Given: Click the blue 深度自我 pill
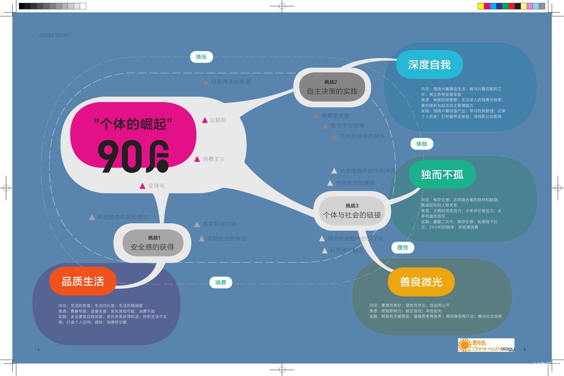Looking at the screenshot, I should pos(429,64).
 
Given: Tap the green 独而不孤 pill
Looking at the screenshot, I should pos(442,175).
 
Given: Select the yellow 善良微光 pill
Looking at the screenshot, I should pos(421,282).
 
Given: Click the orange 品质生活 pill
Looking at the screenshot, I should pos(83,281).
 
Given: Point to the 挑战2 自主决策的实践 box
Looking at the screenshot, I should pos(332,87).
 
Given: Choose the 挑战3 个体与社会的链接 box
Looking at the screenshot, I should pos(352,211).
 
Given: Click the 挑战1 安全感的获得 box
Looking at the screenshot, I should pos(153,243).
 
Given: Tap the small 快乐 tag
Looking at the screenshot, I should pos(201,57).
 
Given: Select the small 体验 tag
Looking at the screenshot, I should pos(422,144).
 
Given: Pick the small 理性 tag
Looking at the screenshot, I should pos(402,248).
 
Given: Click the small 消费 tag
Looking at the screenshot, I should pos(221,282).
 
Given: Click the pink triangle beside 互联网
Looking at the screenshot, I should pos(205,120).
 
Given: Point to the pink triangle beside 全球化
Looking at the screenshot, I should pos(142,186).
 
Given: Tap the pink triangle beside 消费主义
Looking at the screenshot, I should pos(197,159).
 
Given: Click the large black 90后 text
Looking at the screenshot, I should pos(133,156).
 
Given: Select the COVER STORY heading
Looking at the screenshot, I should pos(54,35).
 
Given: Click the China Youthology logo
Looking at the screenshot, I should pos(486,345).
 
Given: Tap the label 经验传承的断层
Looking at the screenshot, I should pos(231,82).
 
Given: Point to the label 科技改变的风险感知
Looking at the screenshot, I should pos(123,217).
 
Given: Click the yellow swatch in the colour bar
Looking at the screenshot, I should pos(480,6).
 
